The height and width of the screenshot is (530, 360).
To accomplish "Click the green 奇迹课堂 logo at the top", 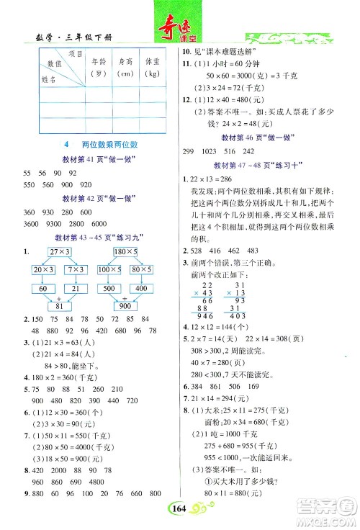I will click(x=179, y=21).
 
